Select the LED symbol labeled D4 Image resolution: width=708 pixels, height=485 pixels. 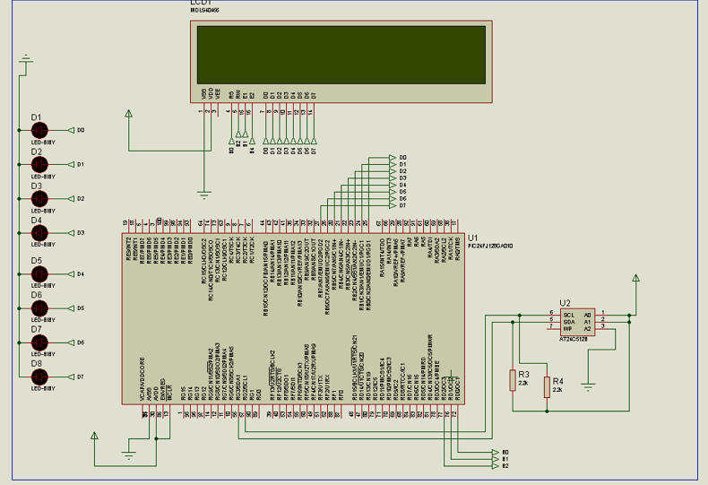pyautogui.click(x=39, y=232)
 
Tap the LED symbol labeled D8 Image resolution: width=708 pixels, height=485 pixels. pyautogui.click(x=39, y=377)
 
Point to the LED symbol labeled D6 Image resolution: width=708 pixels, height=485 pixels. pyautogui.click(x=39, y=307)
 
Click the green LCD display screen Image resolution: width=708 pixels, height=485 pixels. pyautogui.click(x=342, y=54)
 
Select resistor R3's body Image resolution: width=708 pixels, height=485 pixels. pyautogui.click(x=512, y=380)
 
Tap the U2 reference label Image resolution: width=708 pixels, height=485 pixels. pyautogui.click(x=564, y=303)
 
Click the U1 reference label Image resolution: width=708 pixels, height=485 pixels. pyautogui.click(x=472, y=238)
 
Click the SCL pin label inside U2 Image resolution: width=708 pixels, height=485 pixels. pyautogui.click(x=568, y=315)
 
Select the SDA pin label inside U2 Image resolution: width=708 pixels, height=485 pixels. pyautogui.click(x=568, y=322)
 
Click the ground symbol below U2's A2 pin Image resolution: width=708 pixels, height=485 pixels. pyautogui.click(x=588, y=385)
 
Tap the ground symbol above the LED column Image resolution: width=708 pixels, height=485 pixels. pyautogui.click(x=26, y=61)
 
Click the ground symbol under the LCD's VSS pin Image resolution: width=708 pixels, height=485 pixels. pyautogui.click(x=204, y=194)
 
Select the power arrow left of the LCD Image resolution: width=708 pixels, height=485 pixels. pyautogui.click(x=129, y=114)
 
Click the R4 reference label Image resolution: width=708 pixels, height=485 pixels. pyautogui.click(x=558, y=380)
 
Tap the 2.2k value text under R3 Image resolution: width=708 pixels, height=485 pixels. pyautogui.click(x=522, y=384)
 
